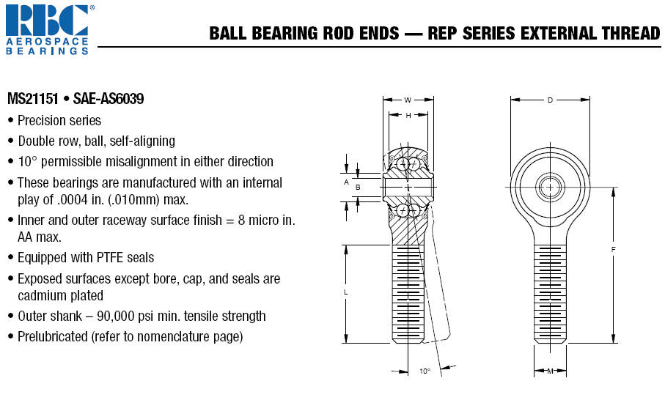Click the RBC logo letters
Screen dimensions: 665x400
tap(47, 20)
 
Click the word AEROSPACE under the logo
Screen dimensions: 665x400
tap(47, 42)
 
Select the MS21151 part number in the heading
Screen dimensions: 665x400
tap(33, 99)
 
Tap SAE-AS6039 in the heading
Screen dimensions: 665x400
tap(109, 99)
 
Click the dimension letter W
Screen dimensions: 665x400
tap(408, 100)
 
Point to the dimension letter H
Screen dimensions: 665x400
tap(408, 115)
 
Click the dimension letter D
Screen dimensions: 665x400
tap(550, 100)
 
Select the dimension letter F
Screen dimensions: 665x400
tap(613, 250)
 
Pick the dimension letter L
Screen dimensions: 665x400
tap(345, 292)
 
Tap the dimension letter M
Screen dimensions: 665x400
tap(550, 371)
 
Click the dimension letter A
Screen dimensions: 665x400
tap(346, 182)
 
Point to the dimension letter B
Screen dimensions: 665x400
tap(358, 188)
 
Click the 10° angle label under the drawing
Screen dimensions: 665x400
tap(425, 371)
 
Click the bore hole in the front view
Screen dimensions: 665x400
tap(550, 187)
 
